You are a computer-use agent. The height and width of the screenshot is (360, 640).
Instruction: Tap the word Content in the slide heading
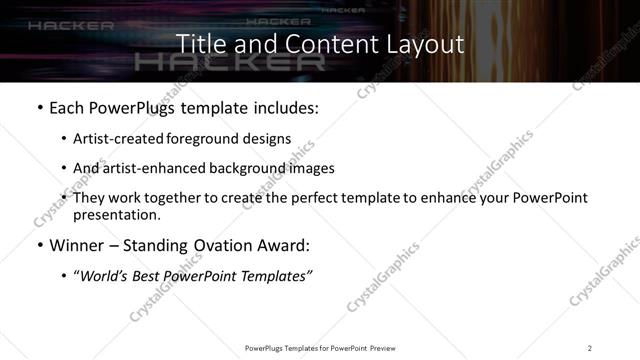tap(316, 45)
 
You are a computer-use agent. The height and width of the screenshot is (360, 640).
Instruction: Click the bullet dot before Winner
tap(39, 246)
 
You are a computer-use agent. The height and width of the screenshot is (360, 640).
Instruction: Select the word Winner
tap(76, 246)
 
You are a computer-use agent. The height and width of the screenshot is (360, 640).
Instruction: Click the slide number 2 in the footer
tap(590, 347)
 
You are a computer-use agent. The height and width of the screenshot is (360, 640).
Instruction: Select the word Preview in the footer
tap(385, 347)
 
